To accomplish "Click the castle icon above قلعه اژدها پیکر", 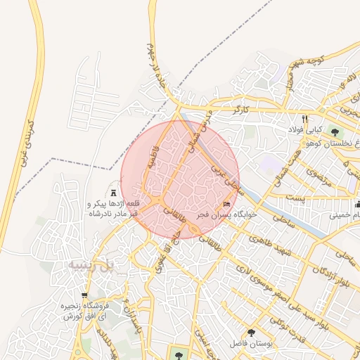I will [x=115, y=192].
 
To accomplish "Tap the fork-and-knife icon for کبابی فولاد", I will [x=305, y=119].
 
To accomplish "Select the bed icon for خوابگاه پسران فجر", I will [x=225, y=204].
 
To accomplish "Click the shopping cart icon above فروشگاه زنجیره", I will [x=84, y=296].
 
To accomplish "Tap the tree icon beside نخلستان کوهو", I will [x=335, y=131].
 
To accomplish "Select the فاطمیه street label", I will [x=154, y=163].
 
